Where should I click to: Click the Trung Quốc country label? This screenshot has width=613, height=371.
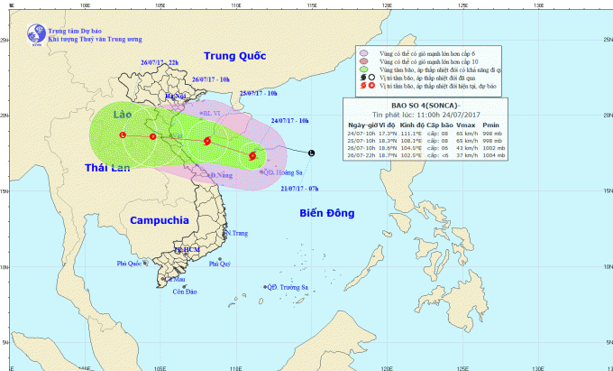coord(235,55)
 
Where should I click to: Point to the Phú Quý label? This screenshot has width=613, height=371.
coord(220,264)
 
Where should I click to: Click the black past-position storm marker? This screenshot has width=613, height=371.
coord(312,153)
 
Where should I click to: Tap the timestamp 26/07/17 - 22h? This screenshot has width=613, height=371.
coord(160,62)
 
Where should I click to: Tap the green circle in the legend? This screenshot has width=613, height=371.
coord(364,69)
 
